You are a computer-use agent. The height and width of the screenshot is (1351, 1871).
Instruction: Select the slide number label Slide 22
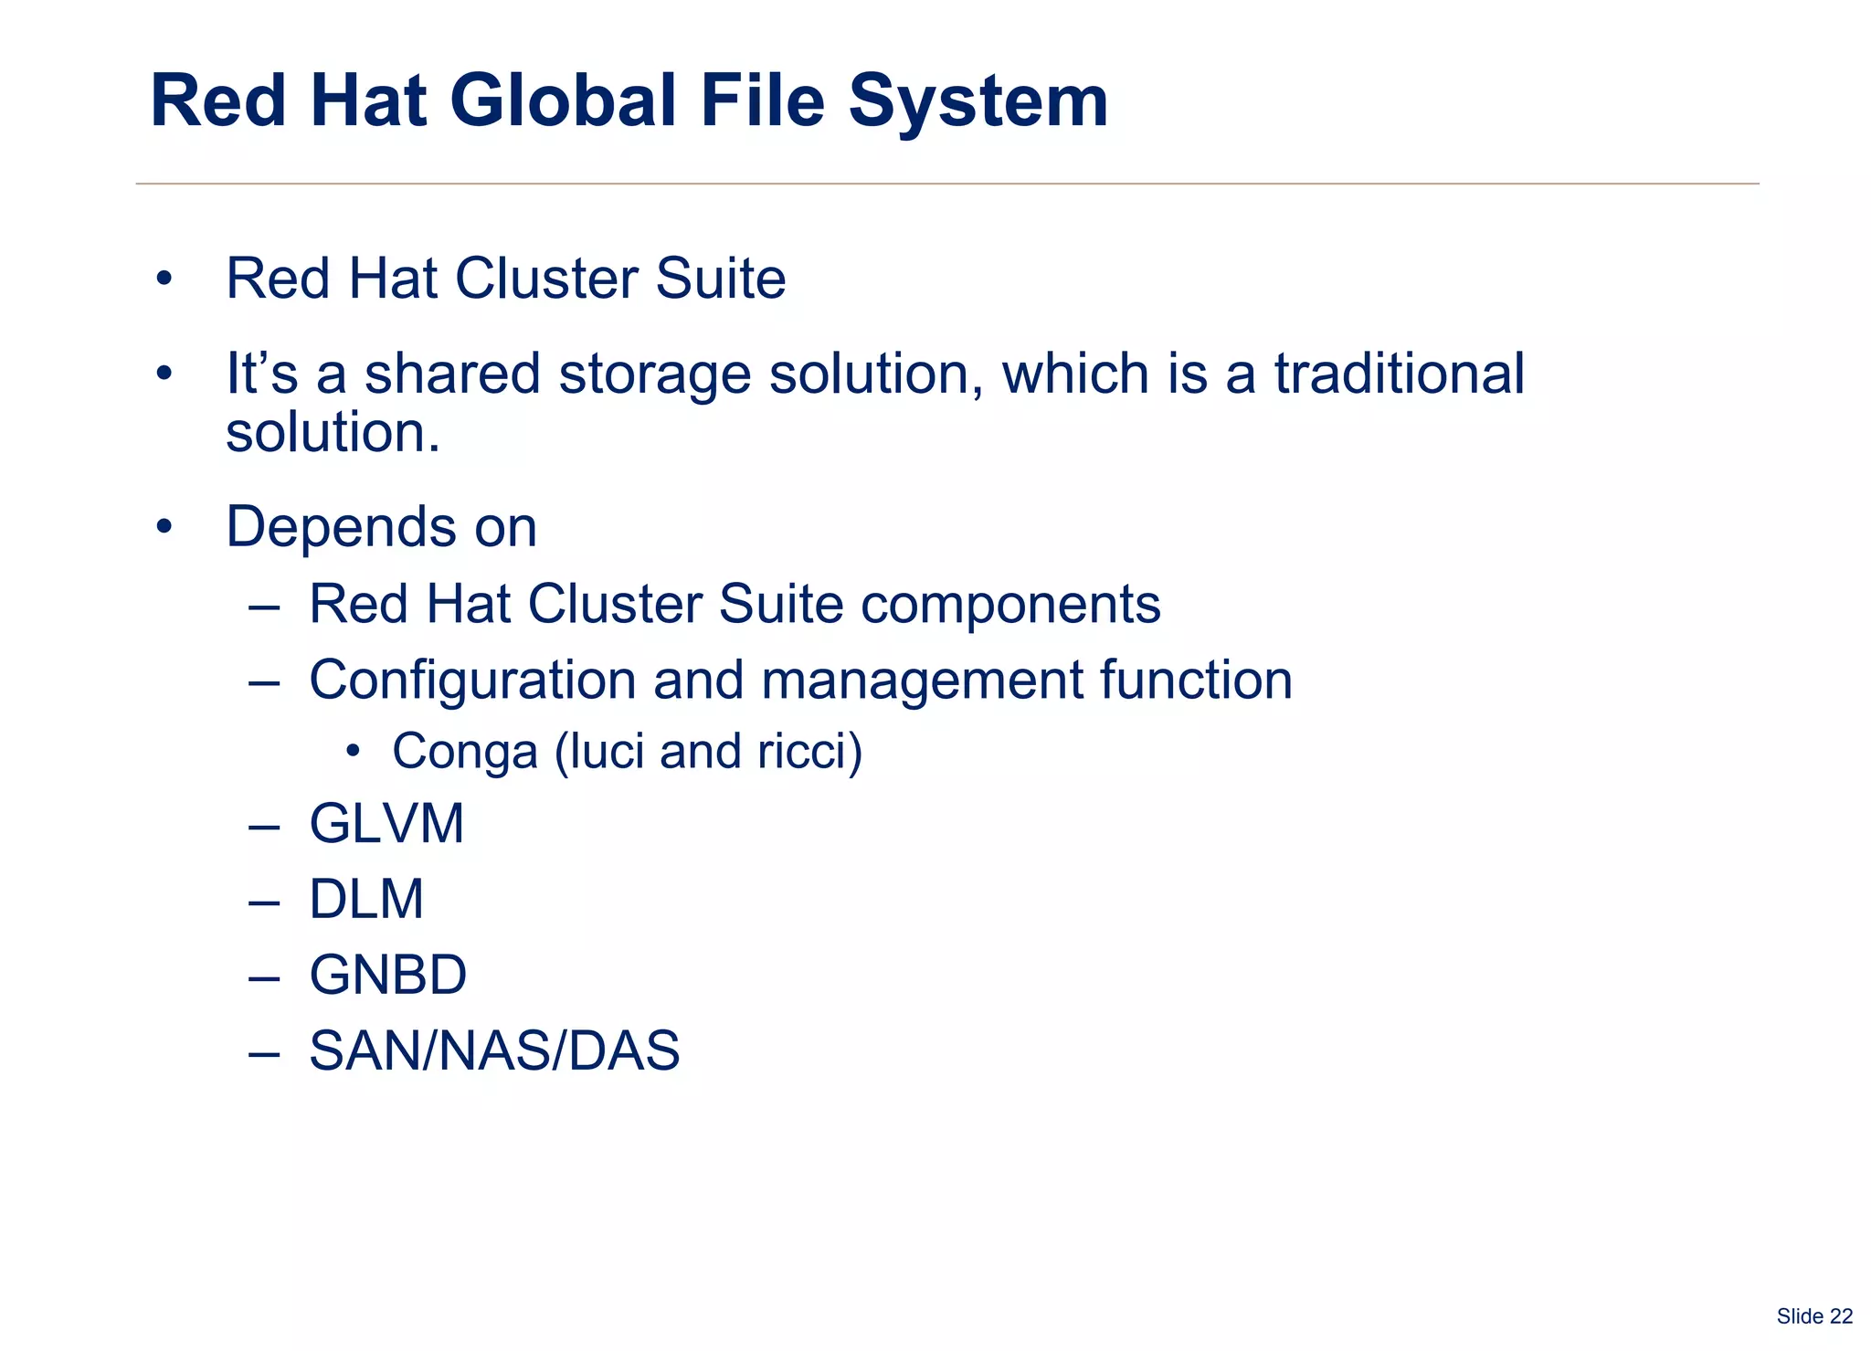tap(1814, 1316)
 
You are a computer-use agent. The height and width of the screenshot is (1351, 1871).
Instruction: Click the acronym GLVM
tap(386, 823)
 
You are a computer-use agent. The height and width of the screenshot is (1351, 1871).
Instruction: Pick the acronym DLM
tap(366, 899)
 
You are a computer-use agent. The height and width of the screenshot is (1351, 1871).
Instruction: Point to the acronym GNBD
tap(387, 975)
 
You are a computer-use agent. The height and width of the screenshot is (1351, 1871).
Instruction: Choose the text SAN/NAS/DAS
tap(494, 1050)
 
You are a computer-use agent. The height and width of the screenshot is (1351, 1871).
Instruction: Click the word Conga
tap(465, 752)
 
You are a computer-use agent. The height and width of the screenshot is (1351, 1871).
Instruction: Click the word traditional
tap(1400, 374)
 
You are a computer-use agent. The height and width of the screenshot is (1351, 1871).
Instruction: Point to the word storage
tap(653, 375)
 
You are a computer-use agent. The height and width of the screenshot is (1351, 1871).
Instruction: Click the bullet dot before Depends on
tap(164, 527)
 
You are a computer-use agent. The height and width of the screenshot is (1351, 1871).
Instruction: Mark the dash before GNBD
tap(263, 976)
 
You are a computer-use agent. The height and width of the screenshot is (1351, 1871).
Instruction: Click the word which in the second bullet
tap(1075, 374)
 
